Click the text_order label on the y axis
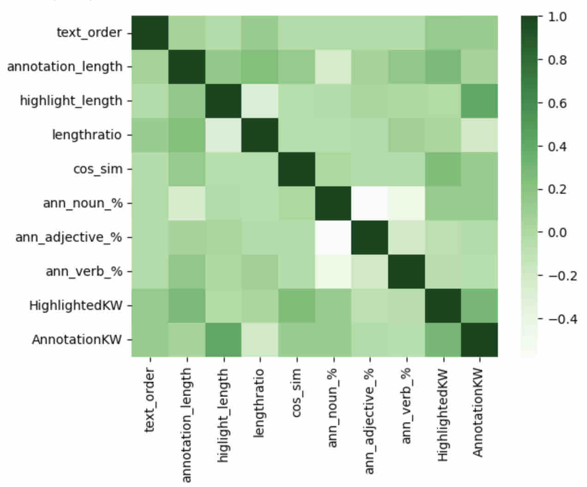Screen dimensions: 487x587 [x=89, y=33]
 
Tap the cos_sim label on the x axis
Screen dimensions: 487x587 [x=296, y=392]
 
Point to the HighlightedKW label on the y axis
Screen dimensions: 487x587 [x=75, y=306]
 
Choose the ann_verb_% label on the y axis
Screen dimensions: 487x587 [x=84, y=272]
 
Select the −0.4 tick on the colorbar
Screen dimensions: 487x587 [x=560, y=319]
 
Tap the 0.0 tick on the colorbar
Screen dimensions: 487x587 [x=557, y=232]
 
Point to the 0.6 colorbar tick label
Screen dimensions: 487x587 [x=557, y=103]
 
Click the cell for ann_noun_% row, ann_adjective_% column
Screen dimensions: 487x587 [x=369, y=203]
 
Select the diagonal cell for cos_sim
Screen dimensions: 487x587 [x=296, y=169]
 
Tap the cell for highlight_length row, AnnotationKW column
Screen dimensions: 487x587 [x=479, y=101]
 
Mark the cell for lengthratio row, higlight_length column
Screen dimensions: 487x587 [x=223, y=135]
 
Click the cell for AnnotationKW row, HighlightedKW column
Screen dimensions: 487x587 [x=443, y=340]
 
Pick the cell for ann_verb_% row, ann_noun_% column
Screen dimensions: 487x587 [x=333, y=272]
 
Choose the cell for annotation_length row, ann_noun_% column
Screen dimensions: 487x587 [x=333, y=67]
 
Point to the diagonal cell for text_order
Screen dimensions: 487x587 [x=150, y=33]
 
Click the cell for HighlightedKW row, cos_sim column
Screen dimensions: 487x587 [x=296, y=306]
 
